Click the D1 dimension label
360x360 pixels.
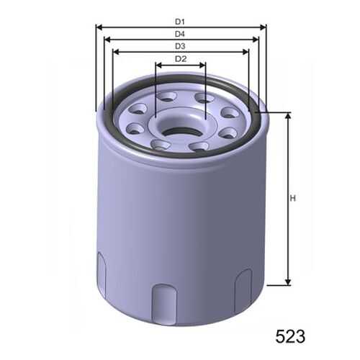coord(180,22)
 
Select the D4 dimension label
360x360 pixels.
coord(180,34)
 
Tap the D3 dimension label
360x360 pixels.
coord(180,46)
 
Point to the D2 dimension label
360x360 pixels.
coord(181,59)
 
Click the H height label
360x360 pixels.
coord(292,199)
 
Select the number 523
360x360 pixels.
coord(290,336)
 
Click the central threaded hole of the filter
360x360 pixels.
coord(181,132)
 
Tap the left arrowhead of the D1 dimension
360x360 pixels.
coord(99,28)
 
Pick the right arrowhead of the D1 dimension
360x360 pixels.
coord(263,28)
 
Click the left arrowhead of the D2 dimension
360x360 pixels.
coord(159,65)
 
